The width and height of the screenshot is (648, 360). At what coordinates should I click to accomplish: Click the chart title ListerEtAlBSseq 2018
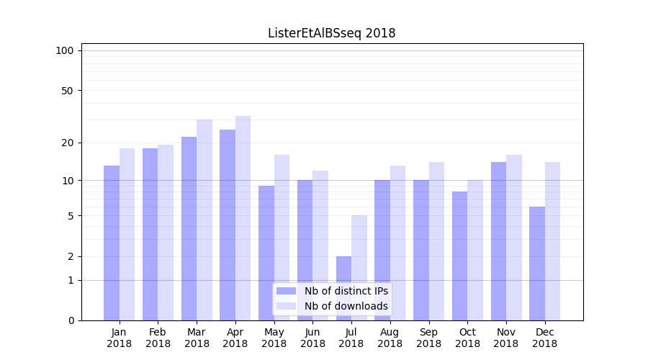[331, 33]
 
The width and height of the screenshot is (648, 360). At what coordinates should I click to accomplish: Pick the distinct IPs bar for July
[343, 288]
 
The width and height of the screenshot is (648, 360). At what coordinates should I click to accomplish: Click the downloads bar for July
[359, 268]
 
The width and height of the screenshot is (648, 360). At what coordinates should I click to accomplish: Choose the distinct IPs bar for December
[537, 264]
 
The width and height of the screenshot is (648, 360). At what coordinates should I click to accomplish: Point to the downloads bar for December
[552, 241]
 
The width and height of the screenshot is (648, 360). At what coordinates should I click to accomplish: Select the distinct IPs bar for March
[189, 228]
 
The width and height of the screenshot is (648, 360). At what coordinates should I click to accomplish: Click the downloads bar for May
[282, 238]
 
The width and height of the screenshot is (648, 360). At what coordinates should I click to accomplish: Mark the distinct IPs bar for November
[498, 241]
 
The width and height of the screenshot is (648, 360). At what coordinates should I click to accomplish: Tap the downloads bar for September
[436, 241]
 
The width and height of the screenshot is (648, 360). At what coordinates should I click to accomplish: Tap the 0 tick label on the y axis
[71, 320]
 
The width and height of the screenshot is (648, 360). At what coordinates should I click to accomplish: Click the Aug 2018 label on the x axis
[390, 338]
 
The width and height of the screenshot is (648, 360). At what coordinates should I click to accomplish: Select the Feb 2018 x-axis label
[158, 338]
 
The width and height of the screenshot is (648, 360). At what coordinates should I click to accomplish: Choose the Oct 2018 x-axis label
[467, 338]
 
